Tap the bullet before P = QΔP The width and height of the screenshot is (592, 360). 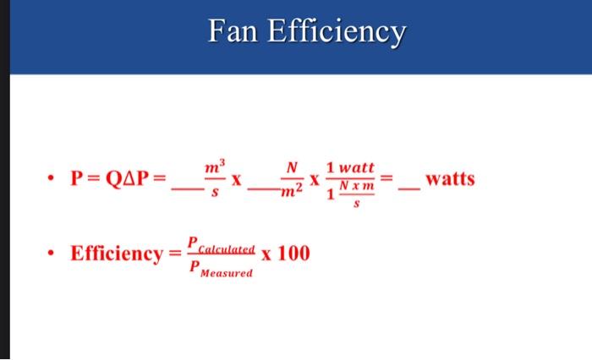click(x=52, y=180)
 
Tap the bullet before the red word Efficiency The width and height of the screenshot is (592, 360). click(x=52, y=253)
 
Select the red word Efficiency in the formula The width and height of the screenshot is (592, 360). click(x=116, y=254)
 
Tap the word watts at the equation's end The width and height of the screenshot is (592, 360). click(x=451, y=179)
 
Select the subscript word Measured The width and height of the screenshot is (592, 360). click(x=225, y=274)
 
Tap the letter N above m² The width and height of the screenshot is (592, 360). click(x=291, y=167)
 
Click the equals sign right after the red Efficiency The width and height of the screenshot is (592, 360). click(x=174, y=254)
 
